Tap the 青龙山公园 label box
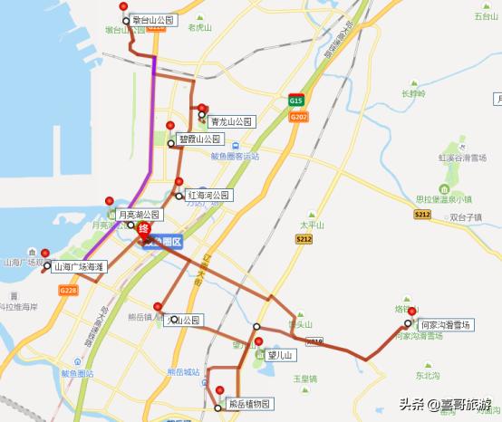point(232,121)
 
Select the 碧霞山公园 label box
point(199,139)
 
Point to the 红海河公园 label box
point(210,196)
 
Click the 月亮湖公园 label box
point(138,216)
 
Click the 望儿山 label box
point(281,356)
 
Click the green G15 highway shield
point(296,101)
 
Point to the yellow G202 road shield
point(300,116)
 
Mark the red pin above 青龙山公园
point(202,107)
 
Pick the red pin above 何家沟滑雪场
point(412,312)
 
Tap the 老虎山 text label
point(199,28)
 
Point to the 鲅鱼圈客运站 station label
point(235,156)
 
